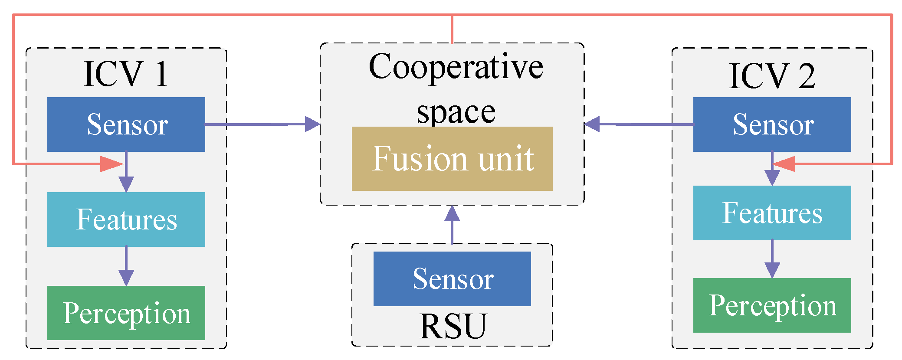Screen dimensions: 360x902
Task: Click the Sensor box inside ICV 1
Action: click(x=126, y=124)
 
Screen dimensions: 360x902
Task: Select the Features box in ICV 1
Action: click(x=126, y=219)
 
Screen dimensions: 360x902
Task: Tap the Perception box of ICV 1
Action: click(x=126, y=313)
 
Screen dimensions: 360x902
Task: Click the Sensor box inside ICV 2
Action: click(x=772, y=124)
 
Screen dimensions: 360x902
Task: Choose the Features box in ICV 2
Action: click(x=772, y=213)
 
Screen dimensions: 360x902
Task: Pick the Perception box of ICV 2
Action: click(x=772, y=305)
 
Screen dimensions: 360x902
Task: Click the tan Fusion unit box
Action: click(x=452, y=158)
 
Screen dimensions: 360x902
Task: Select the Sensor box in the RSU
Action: click(x=452, y=278)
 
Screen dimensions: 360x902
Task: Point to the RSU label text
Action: click(x=453, y=326)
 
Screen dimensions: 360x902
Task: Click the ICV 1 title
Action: click(x=126, y=74)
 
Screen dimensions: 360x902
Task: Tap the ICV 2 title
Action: click(x=772, y=76)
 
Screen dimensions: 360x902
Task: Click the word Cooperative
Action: click(x=456, y=67)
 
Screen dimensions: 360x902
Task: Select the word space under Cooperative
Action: click(x=456, y=112)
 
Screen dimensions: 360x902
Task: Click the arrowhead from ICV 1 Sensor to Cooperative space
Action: click(x=312, y=124)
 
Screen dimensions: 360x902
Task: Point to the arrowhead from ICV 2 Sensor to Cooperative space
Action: click(x=593, y=124)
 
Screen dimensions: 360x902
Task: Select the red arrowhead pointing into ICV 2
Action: click(x=784, y=164)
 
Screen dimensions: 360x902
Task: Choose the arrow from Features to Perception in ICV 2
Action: click(x=772, y=259)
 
